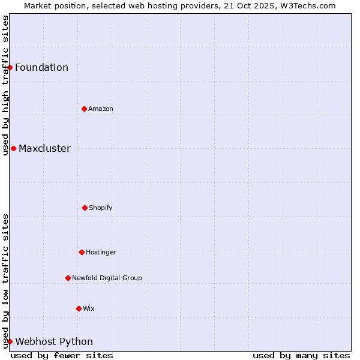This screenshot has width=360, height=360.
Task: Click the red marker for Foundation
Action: tap(10, 67)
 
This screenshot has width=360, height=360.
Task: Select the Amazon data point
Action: tap(84, 109)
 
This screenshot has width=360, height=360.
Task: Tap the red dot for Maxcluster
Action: tap(13, 148)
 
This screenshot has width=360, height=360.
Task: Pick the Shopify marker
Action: tap(85, 208)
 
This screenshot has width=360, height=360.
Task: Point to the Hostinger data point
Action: tap(82, 252)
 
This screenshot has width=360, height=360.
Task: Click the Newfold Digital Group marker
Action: tap(68, 278)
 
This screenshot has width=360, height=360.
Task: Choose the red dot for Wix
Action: tap(79, 308)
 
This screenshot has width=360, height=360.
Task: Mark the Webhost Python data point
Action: tap(10, 341)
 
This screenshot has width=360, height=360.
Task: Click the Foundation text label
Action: tap(41, 67)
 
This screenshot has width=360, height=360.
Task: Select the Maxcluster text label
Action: tap(44, 148)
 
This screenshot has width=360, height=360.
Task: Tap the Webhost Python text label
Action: tap(54, 342)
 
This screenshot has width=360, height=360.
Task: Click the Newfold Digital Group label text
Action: tap(107, 278)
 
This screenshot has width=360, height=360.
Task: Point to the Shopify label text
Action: tap(101, 208)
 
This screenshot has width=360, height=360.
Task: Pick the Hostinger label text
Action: tap(101, 252)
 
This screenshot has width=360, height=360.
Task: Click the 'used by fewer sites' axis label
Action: tap(62, 355)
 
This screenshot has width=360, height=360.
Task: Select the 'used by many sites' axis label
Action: tap(301, 355)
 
